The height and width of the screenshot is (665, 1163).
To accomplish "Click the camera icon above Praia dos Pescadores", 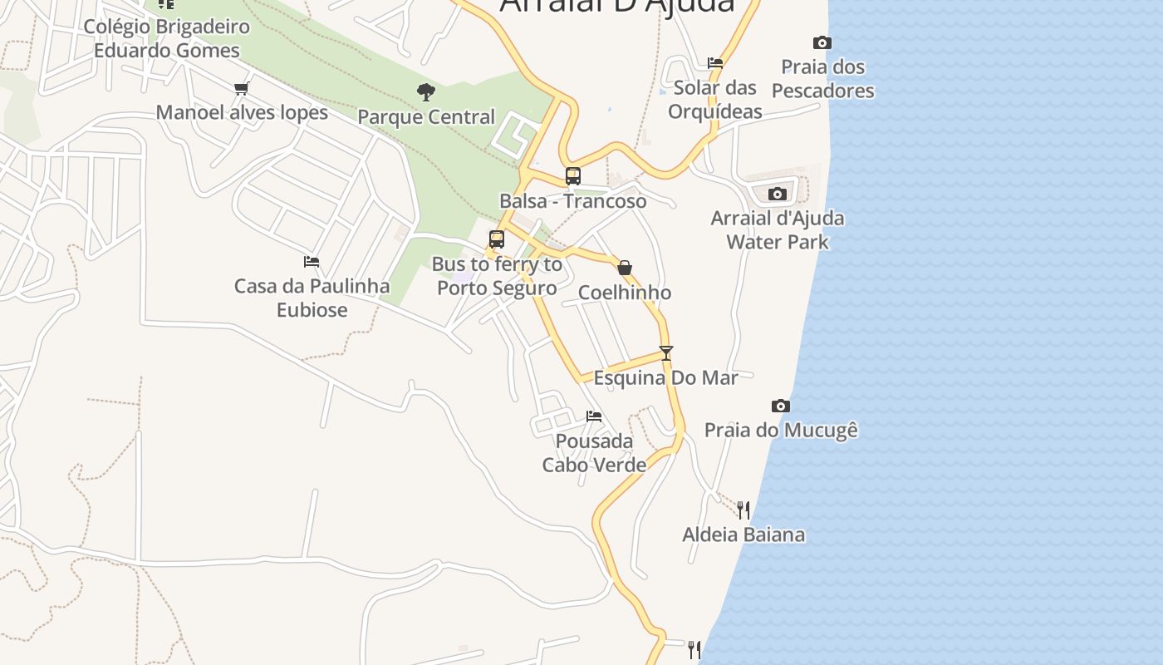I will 822,42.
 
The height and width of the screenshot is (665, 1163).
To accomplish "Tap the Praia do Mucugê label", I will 781,431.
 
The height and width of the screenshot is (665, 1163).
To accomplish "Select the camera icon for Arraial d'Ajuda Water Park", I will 778,194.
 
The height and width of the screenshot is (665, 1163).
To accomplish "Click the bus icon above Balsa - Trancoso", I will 573,176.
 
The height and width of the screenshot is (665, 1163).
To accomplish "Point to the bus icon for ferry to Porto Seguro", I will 497,239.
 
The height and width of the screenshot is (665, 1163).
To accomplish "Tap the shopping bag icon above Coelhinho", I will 625,268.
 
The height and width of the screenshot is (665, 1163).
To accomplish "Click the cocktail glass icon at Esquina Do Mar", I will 665,352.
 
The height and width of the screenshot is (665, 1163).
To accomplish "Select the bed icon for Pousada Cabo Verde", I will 594,416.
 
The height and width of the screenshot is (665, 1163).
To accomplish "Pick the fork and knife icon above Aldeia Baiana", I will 743,510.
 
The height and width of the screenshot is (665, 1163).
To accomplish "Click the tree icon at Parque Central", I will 426,92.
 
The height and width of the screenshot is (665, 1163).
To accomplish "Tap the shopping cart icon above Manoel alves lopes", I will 242,88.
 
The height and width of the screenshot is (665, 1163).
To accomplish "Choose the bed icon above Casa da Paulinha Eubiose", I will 312,261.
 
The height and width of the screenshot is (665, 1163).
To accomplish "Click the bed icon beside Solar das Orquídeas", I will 715,62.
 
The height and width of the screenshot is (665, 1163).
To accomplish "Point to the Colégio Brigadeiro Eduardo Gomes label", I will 166,38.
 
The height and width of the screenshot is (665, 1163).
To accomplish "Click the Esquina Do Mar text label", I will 665,378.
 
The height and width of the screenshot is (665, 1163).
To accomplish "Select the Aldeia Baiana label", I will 743,534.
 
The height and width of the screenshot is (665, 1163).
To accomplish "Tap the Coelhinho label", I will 625,293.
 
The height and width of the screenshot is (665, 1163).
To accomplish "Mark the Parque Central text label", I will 426,117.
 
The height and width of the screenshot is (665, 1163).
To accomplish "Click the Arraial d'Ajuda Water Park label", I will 778,230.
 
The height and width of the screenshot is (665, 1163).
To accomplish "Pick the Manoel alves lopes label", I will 242,112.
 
